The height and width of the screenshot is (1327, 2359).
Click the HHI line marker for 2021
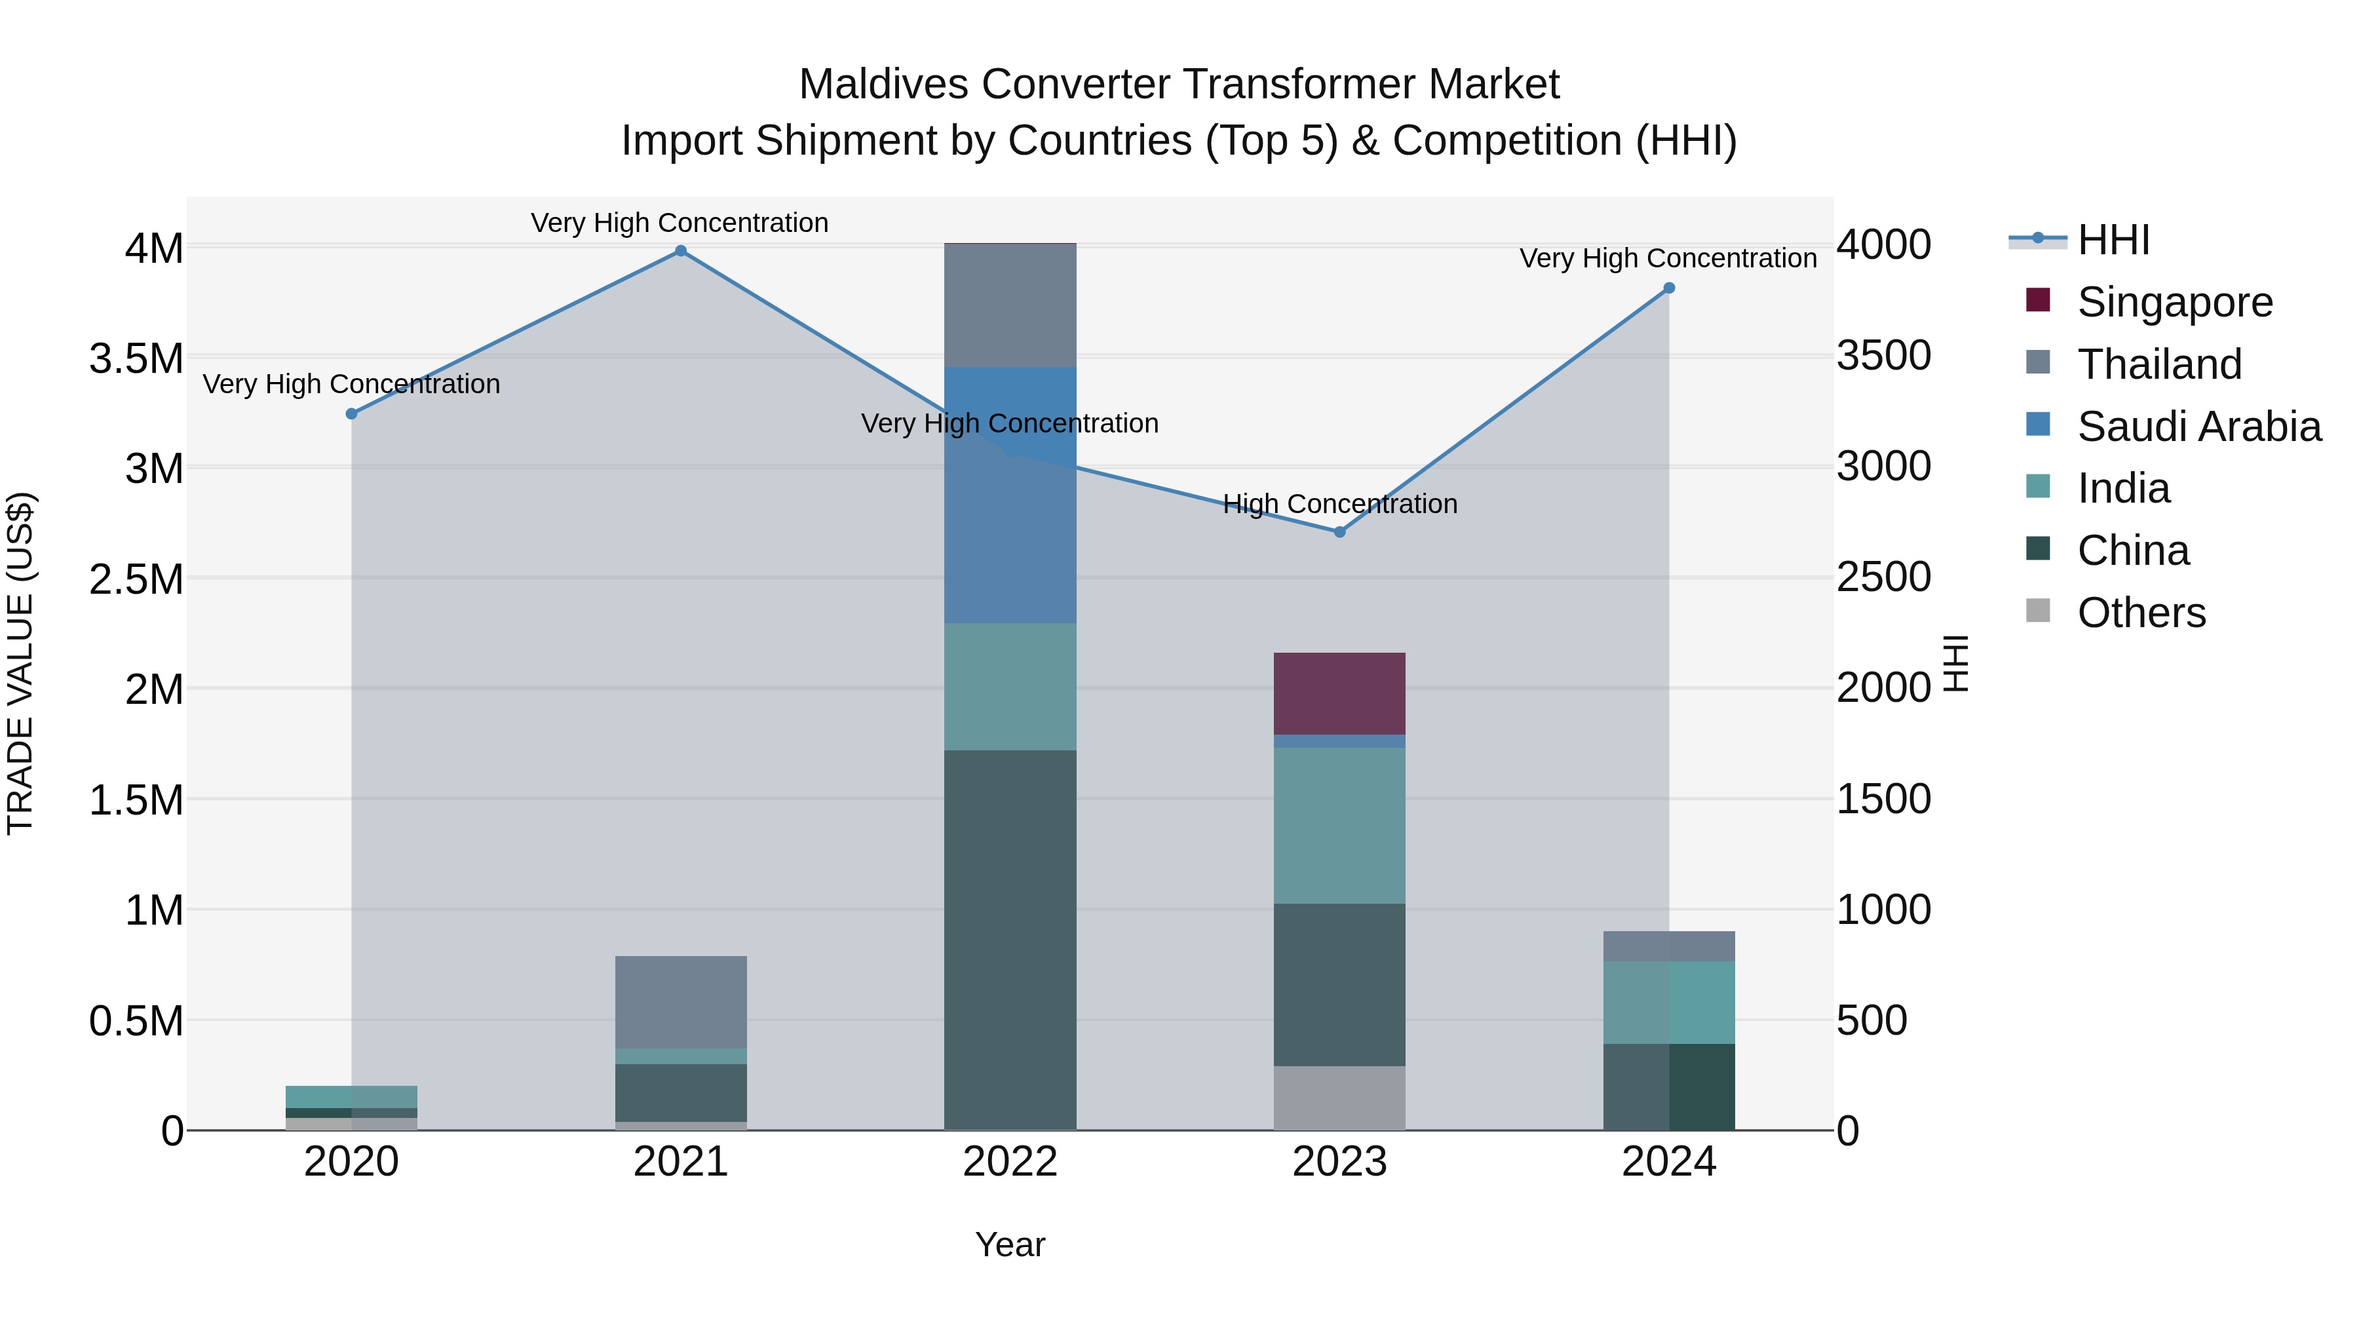tap(680, 251)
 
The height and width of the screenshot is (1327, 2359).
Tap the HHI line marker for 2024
tap(1668, 288)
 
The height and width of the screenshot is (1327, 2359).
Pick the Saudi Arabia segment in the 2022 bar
tap(1010, 495)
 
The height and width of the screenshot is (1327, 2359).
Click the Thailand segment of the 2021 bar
tap(680, 1002)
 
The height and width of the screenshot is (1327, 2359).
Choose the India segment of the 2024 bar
tap(1668, 1002)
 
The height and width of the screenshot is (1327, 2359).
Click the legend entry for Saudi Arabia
tap(2198, 427)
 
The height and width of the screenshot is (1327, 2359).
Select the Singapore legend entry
tap(2174, 302)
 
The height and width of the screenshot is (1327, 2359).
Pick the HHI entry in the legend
tap(2112, 240)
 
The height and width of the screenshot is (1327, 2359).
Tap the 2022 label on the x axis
tap(1010, 1162)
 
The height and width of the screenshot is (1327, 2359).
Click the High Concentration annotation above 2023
tap(1340, 504)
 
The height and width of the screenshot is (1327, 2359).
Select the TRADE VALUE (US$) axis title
tap(20, 663)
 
